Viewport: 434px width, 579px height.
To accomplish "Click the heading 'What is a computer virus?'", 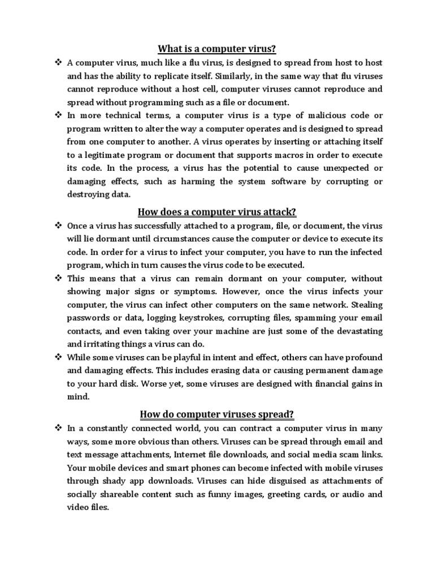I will [x=216, y=49].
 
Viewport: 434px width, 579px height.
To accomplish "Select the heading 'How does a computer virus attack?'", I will [x=217, y=212].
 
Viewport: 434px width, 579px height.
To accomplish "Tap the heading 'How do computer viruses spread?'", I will [x=217, y=414].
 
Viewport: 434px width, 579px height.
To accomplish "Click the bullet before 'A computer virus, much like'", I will [x=58, y=63].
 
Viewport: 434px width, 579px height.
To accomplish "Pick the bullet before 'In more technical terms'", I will [x=58, y=115].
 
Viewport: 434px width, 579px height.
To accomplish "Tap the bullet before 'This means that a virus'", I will [x=58, y=278].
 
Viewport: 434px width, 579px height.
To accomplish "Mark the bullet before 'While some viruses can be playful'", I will [x=58, y=357].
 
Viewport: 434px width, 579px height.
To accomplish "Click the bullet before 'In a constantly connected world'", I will [x=58, y=428].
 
